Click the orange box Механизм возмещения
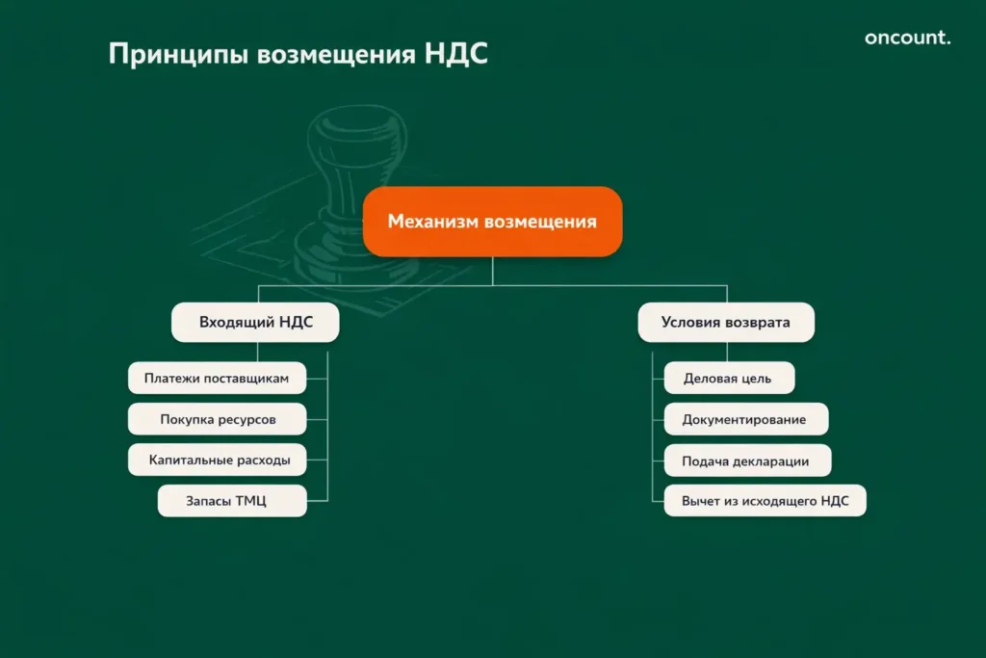point(492,222)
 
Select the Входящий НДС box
point(255,323)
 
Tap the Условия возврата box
point(725,323)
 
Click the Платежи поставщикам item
point(217,378)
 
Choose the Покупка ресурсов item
point(217,419)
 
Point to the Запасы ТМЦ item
point(232,501)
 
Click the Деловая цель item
point(728,378)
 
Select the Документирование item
point(744,419)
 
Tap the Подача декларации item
point(746,461)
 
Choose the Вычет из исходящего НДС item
point(765,501)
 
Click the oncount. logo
point(907,39)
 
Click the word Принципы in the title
point(177,54)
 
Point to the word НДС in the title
point(454,54)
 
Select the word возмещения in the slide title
point(334,54)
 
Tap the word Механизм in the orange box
point(432,222)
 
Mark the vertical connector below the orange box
point(492,271)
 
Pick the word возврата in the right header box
point(759,323)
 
